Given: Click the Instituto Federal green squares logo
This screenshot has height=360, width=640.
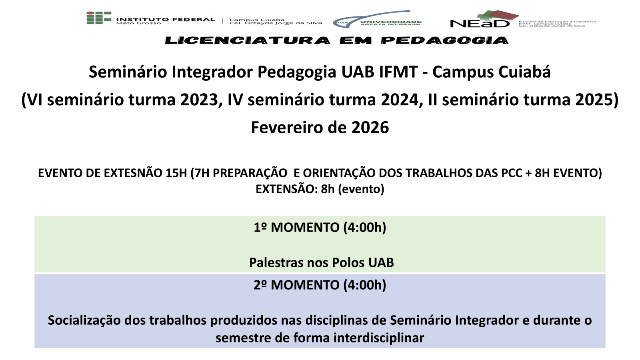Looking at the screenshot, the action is [99, 18].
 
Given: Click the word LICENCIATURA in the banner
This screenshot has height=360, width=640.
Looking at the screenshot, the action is [248, 40].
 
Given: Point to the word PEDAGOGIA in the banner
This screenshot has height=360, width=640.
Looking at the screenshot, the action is [444, 40].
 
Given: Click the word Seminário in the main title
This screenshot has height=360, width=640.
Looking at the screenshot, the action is [128, 72].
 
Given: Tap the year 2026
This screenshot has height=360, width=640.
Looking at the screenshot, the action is [370, 128].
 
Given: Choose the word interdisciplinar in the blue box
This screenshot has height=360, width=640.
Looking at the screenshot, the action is [379, 338].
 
